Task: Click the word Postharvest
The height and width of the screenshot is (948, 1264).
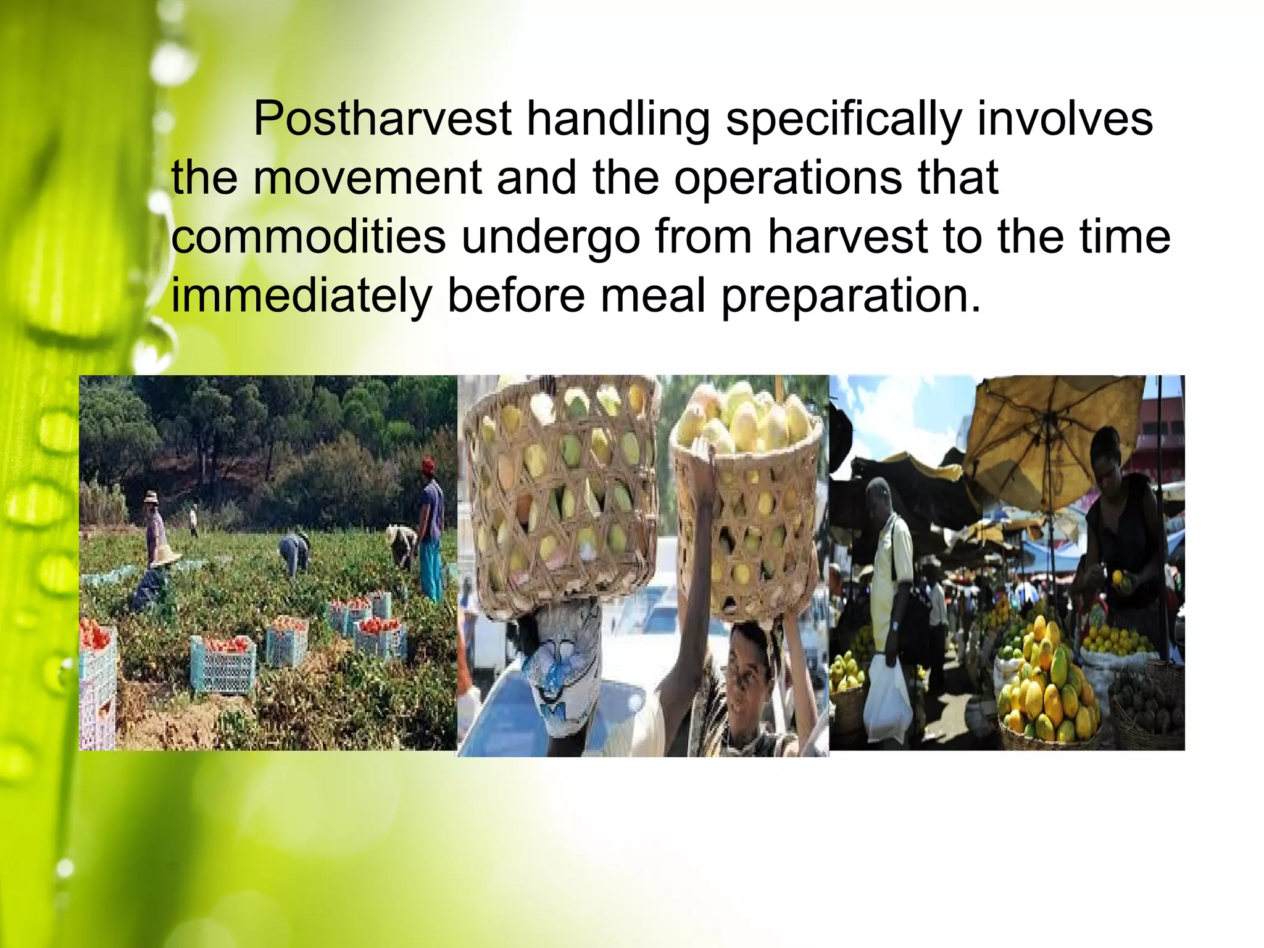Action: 382,119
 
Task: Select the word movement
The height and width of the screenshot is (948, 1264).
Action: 367,178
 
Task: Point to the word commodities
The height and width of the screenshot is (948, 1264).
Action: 308,237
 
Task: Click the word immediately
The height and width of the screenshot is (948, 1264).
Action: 301,296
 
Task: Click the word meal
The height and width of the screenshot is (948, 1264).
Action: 652,295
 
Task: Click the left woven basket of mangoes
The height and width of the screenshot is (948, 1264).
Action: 559,494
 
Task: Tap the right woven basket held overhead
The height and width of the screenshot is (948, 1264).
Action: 747,512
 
